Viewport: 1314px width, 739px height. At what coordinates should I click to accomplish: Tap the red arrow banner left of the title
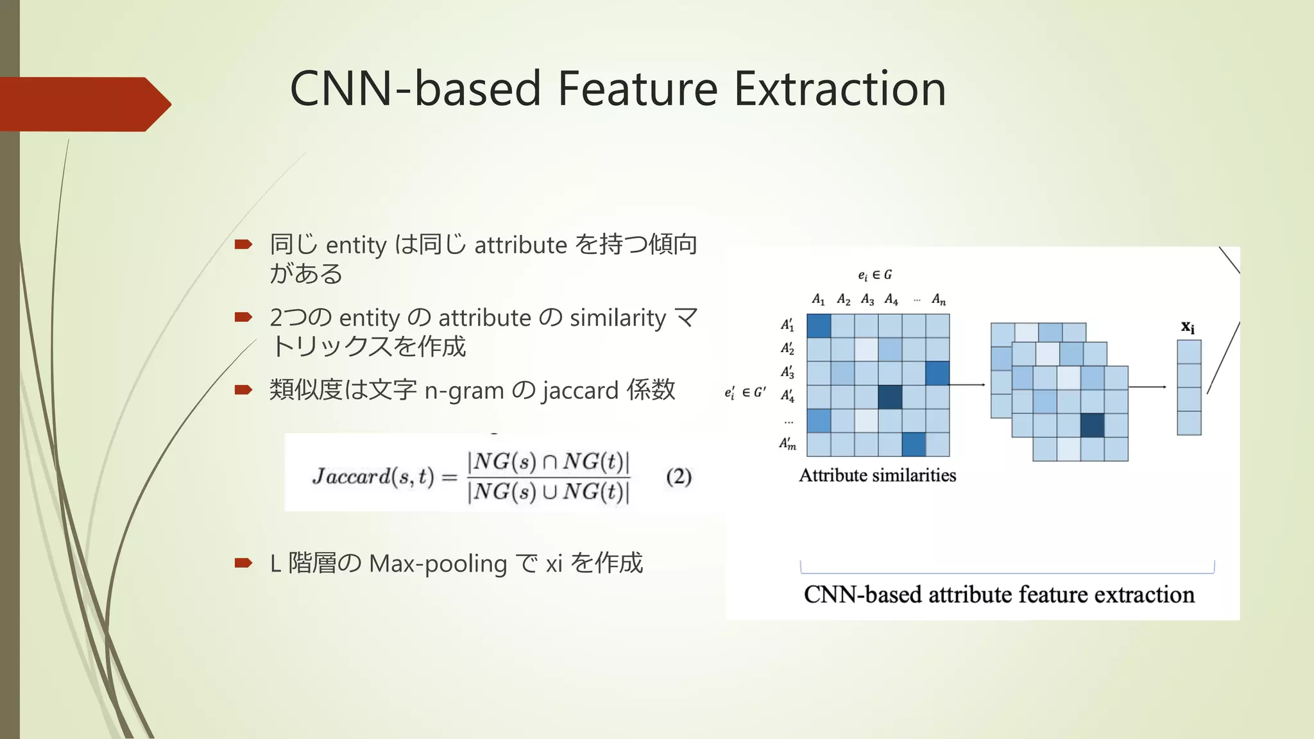[83, 104]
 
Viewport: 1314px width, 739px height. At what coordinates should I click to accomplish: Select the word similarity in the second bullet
[618, 318]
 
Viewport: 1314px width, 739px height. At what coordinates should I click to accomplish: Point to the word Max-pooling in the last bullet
[438, 564]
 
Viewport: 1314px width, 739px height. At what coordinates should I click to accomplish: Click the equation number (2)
[679, 477]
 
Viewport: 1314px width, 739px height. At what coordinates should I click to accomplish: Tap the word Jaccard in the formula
[351, 477]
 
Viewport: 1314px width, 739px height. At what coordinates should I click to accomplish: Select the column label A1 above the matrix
[818, 300]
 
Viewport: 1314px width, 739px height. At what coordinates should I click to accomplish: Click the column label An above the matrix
[938, 300]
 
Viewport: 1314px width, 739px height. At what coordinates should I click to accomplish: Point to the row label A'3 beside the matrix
[787, 372]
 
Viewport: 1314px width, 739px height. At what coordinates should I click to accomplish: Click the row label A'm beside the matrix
[787, 443]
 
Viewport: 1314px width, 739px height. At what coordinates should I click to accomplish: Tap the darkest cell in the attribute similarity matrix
[890, 396]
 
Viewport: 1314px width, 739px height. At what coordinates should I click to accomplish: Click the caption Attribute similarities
[877, 475]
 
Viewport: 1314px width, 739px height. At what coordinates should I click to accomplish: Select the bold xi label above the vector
[1188, 327]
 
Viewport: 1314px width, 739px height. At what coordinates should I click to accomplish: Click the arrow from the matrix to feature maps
[967, 385]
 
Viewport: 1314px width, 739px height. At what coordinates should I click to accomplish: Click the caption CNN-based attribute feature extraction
[999, 595]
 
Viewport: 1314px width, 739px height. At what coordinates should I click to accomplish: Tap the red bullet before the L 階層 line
[243, 563]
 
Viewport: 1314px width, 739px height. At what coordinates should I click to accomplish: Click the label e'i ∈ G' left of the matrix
[744, 393]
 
